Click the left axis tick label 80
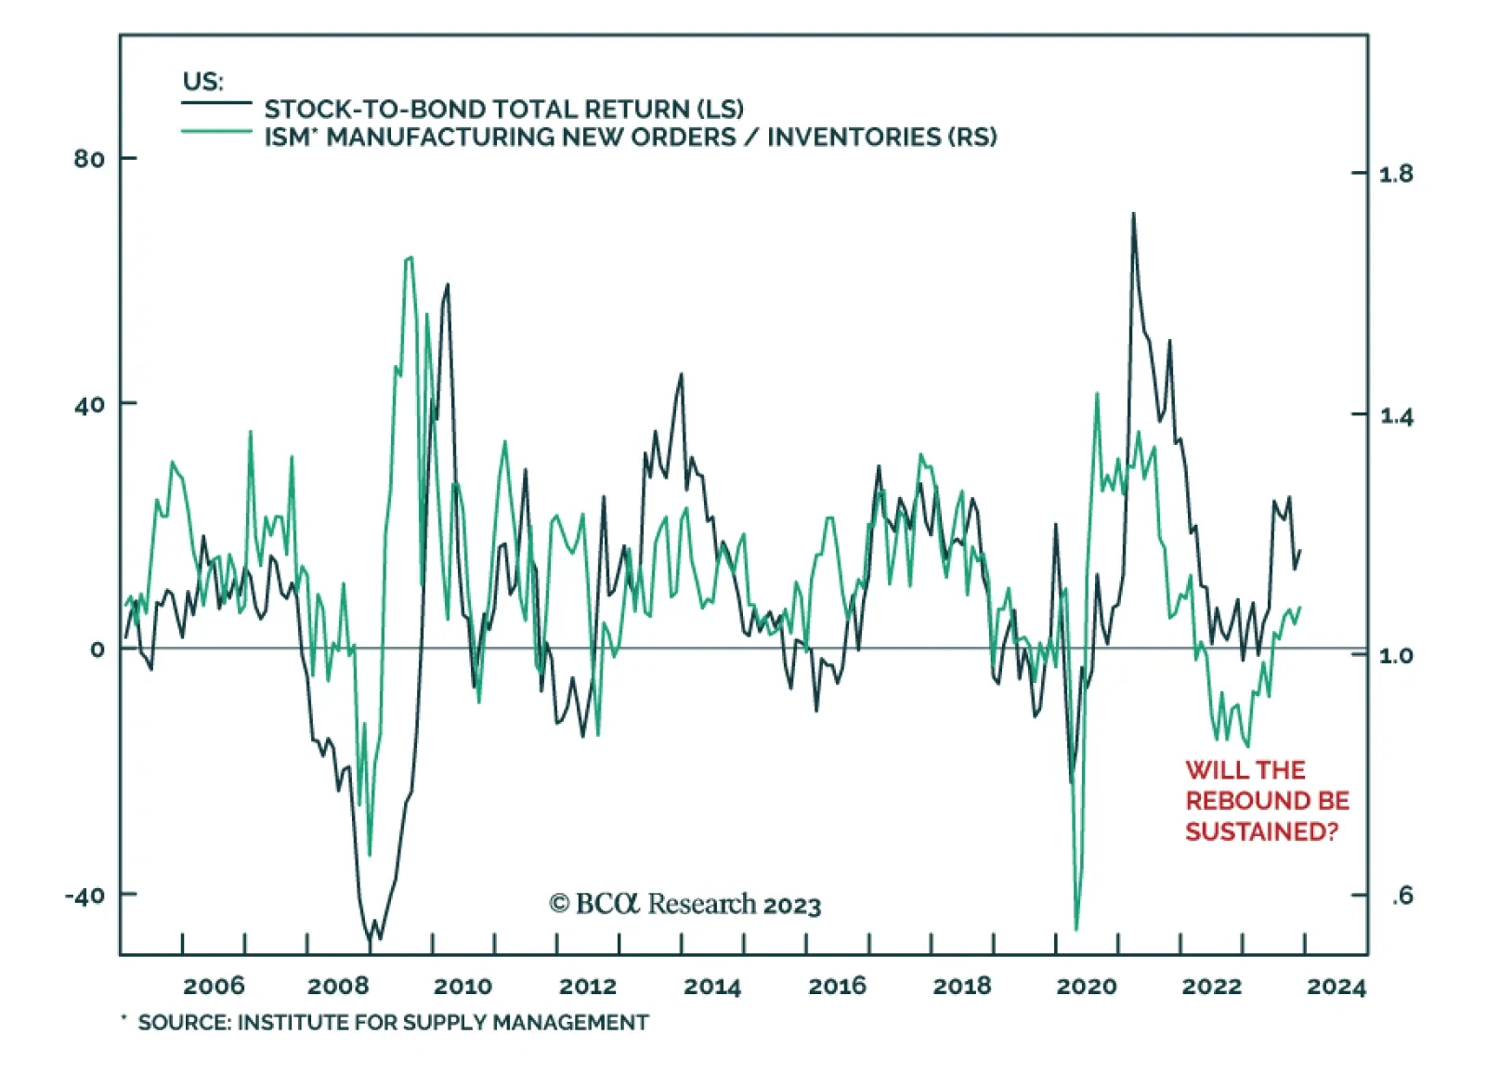click(x=89, y=159)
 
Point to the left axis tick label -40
click(x=85, y=896)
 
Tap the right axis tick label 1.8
click(x=1396, y=174)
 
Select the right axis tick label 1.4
click(x=1396, y=415)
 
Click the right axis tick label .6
click(x=1402, y=896)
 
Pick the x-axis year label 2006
click(x=214, y=986)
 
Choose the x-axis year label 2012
click(x=588, y=986)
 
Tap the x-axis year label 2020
click(x=1086, y=986)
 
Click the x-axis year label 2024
click(x=1336, y=986)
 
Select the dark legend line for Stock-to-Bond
click(x=216, y=103)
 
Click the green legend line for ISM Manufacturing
click(x=216, y=132)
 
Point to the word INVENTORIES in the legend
click(x=854, y=138)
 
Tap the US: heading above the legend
click(x=202, y=81)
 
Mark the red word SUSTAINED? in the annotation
click(x=1261, y=832)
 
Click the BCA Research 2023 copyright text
click(x=685, y=904)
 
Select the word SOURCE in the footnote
click(x=182, y=1023)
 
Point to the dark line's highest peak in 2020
click(x=1133, y=215)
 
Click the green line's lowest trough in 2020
click(x=1076, y=928)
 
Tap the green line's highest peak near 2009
click(x=410, y=258)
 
